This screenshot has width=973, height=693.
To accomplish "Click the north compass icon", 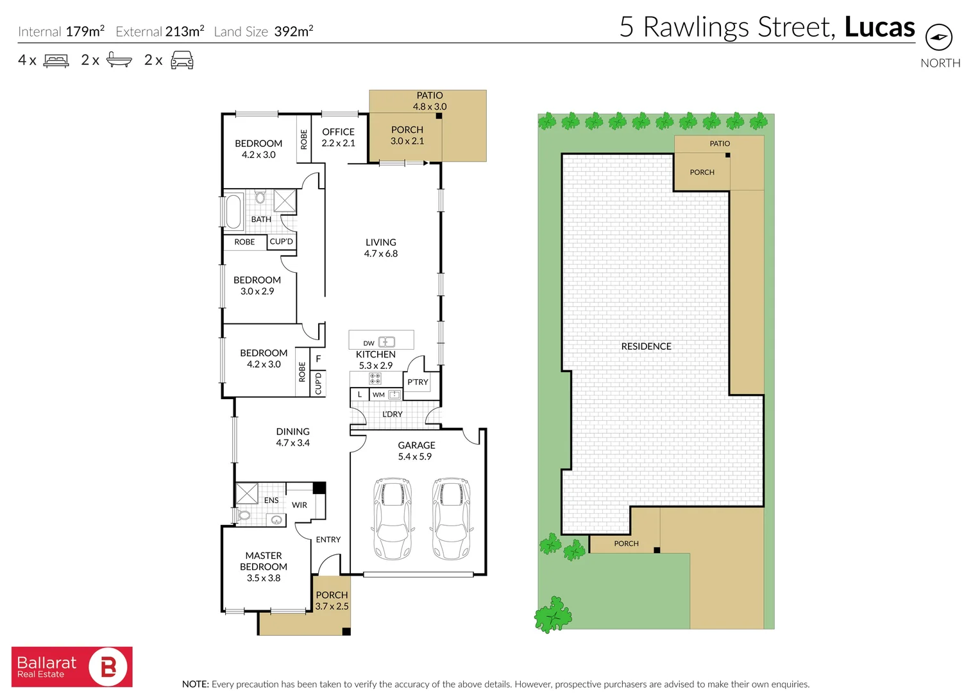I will pos(938,37).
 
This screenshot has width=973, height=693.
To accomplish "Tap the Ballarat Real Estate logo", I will pos(72,667).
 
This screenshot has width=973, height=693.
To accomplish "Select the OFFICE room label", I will pos(338,132).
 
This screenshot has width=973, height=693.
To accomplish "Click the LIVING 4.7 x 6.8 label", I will pos(381,248).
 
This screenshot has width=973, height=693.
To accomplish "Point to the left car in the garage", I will pos(392,518).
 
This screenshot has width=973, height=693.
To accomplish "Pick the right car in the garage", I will pos(451,518).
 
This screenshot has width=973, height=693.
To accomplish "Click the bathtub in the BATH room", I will pos(233,211).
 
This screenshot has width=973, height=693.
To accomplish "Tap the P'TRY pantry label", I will pos(418,382).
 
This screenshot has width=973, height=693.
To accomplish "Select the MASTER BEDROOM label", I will pos(264,561).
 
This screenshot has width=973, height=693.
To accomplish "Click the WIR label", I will pos(300,505).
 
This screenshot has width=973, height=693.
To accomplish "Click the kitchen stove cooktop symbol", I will pos(375,378).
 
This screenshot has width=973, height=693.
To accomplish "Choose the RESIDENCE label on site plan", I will pos(646,346).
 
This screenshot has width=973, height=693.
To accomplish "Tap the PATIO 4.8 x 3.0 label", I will pos(430,101).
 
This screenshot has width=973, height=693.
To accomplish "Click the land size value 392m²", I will pos(293,31).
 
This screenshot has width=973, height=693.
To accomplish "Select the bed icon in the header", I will pos(56,61).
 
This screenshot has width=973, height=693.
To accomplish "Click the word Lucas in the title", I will pos(879,28).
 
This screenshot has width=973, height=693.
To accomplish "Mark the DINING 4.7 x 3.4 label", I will pos(293,437).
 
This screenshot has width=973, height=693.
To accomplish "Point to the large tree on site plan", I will pos(553,615).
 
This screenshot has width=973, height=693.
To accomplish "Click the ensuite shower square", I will pos(247,493).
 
